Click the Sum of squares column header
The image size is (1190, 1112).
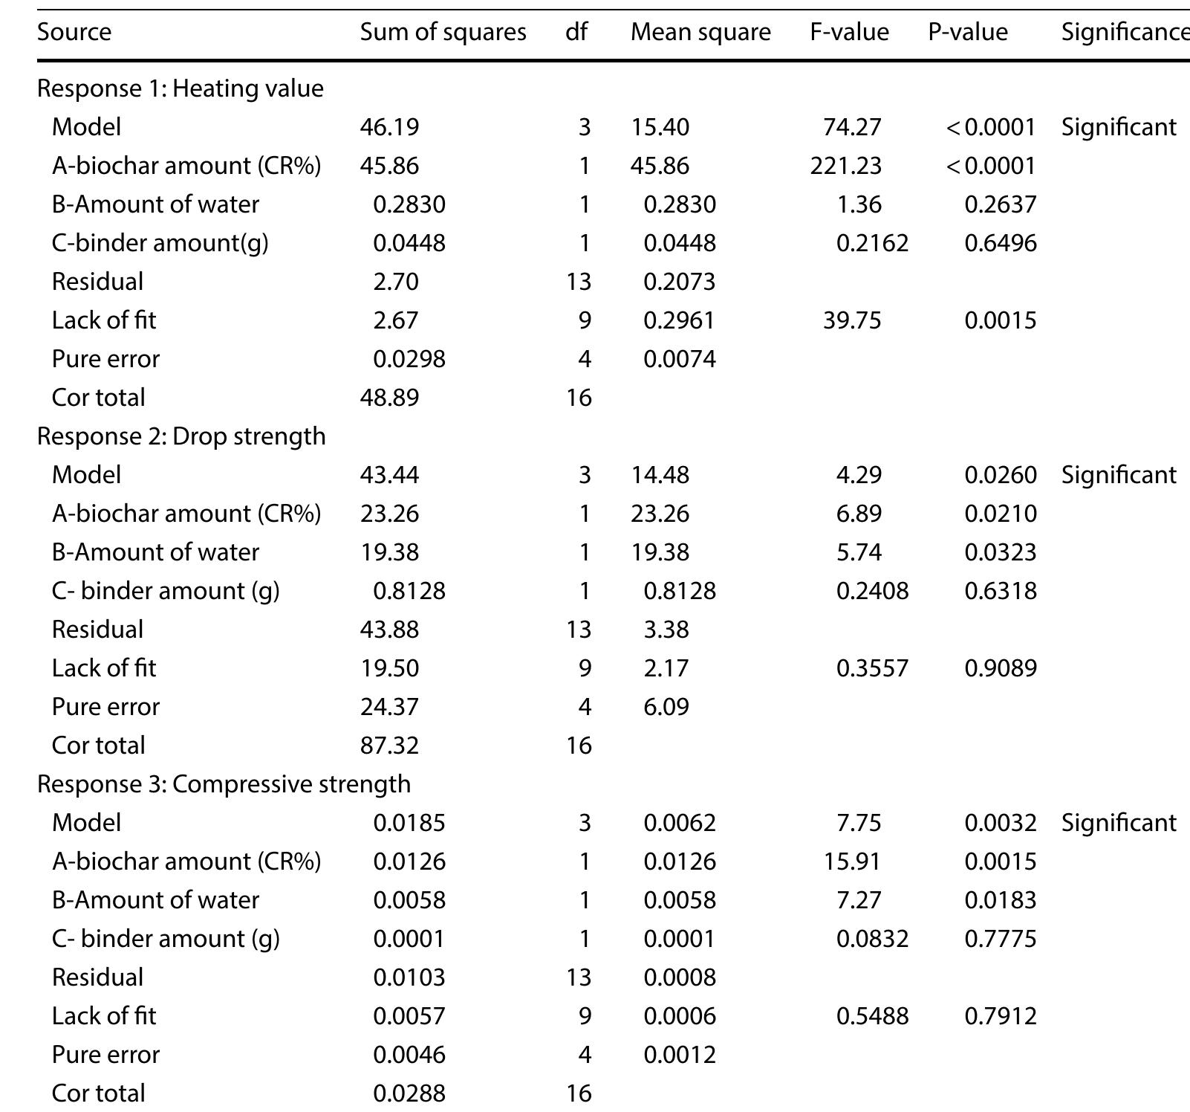pos(443,32)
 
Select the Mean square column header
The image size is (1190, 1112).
pos(700,32)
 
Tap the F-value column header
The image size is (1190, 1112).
pos(849,32)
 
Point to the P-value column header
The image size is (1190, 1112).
pos(967,32)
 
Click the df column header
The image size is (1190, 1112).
pos(576,32)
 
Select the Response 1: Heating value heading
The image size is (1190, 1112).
pos(181,88)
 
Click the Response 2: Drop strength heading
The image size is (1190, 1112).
pos(181,436)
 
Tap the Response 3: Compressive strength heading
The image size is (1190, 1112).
pos(224,784)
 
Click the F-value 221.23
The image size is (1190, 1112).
pos(845,166)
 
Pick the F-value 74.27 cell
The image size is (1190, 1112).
pos(852,127)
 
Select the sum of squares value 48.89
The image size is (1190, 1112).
pos(389,398)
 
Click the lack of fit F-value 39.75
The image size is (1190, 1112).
pos(852,320)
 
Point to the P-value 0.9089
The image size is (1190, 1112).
pos(1000,668)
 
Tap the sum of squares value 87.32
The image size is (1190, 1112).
pos(389,746)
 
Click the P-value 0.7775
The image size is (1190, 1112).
pos(1000,939)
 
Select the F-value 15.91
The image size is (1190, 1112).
pos(852,862)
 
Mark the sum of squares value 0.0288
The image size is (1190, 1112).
pos(409,1093)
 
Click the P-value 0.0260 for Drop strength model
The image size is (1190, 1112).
pos(1000,475)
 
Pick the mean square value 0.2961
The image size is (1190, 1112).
pos(679,320)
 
